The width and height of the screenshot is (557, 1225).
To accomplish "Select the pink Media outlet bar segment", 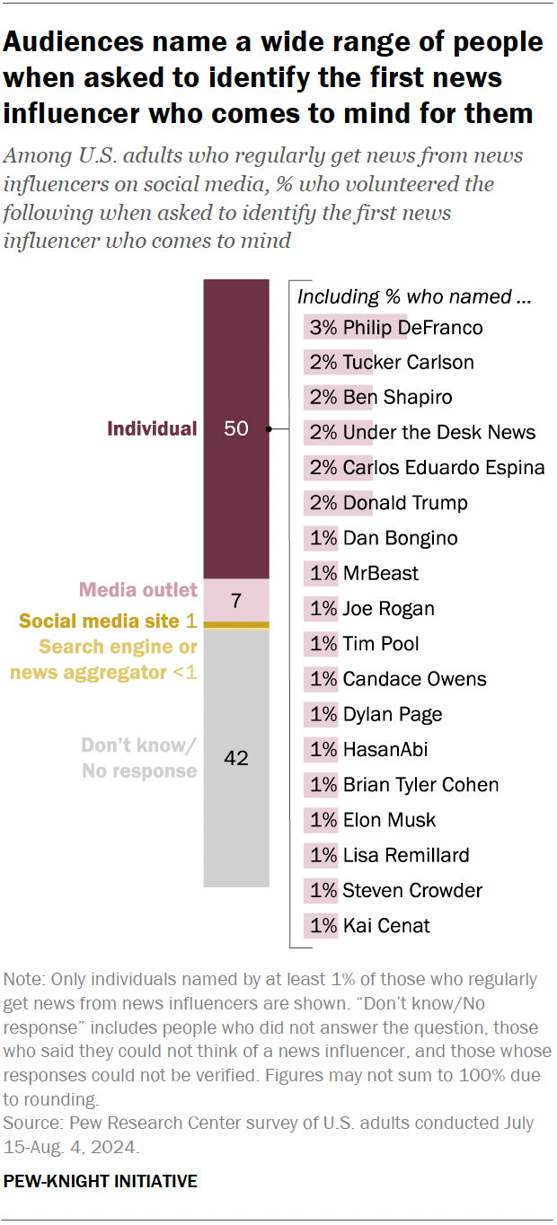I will point(235,599).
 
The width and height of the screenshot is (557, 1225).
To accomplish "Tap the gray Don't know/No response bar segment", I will point(235,808).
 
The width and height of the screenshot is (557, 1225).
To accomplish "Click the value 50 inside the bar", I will point(235,428).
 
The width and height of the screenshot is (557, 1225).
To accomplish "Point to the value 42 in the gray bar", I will point(235,758).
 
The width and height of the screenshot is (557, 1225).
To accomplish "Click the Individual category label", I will point(152,428).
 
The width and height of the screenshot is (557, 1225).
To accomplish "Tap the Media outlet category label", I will point(137,590).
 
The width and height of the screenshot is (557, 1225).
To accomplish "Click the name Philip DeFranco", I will point(412,328).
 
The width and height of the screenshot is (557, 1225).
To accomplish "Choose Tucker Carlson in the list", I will point(408,363).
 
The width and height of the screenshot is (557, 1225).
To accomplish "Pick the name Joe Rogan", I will point(388,609).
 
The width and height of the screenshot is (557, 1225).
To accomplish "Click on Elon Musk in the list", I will point(389,820).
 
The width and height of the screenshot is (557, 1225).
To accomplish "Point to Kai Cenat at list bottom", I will point(386,926).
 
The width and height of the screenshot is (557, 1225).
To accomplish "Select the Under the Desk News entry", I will point(438,433).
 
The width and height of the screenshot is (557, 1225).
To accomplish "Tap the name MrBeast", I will point(380,574).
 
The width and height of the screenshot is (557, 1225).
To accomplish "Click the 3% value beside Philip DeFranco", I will point(323,328).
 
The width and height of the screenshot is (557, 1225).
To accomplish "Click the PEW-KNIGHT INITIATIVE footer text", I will point(101,1182).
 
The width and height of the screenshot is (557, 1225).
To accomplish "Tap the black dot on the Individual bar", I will point(269,429).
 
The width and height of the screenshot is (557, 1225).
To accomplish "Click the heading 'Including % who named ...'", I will point(414,296).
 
